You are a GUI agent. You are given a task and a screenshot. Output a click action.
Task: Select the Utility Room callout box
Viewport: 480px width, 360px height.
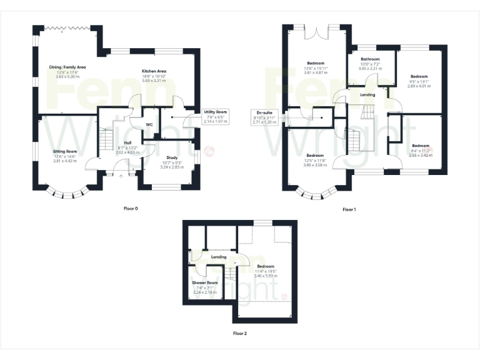[215, 116]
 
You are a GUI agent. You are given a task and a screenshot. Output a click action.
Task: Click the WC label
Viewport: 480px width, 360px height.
[149, 124]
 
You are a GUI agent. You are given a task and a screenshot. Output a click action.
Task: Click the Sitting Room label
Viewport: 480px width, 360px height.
[64, 151]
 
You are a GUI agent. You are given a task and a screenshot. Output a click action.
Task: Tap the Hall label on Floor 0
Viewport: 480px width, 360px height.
[127, 143]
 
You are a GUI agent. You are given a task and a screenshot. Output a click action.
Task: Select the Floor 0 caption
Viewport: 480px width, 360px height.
[131, 207]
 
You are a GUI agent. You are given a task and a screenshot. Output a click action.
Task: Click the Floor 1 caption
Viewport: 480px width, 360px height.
[349, 209]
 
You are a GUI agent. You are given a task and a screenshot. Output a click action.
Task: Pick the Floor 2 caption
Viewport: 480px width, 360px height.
[239, 334]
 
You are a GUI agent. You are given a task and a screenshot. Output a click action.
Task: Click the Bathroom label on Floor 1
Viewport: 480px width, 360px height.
[371, 59]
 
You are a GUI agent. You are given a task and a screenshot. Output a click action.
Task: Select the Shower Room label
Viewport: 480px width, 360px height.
[204, 282]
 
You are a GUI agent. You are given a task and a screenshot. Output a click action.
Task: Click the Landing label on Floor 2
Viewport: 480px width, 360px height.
[218, 257]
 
